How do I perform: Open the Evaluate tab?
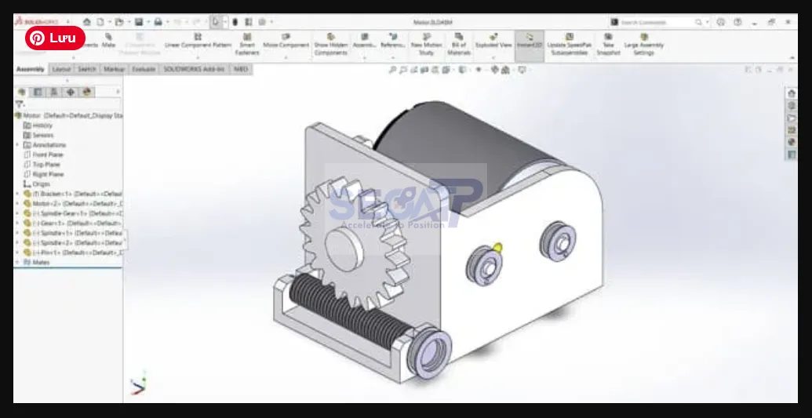pos(143,69)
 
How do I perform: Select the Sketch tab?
pos(87,69)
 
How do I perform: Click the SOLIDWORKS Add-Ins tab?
pos(193,69)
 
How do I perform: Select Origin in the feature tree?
pos(41,184)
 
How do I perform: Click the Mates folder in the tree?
pos(41,262)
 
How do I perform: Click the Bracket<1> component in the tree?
pos(71,194)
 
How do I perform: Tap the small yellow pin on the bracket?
pos(497,248)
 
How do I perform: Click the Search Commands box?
pos(656,22)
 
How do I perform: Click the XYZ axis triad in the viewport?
pos(138,384)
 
